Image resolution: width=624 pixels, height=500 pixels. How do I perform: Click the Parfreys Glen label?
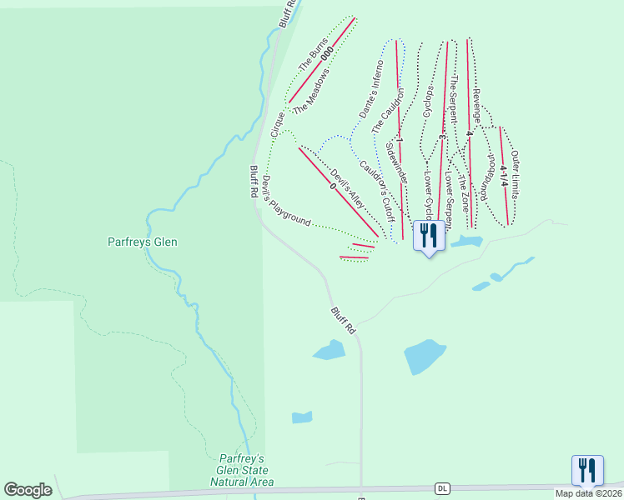coord(143,242)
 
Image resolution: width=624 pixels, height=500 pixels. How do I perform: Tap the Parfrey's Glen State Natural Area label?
coord(241,470)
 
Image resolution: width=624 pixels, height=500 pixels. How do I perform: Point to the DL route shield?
coord(442,487)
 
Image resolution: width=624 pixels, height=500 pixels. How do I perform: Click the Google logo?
coord(28,490)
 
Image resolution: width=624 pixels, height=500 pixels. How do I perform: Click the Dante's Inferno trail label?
coord(370,92)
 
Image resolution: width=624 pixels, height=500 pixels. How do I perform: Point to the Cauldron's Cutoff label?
coord(376,184)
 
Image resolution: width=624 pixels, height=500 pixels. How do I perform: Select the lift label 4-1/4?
coord(504,178)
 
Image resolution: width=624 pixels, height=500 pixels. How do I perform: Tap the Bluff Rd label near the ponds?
coord(343,321)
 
